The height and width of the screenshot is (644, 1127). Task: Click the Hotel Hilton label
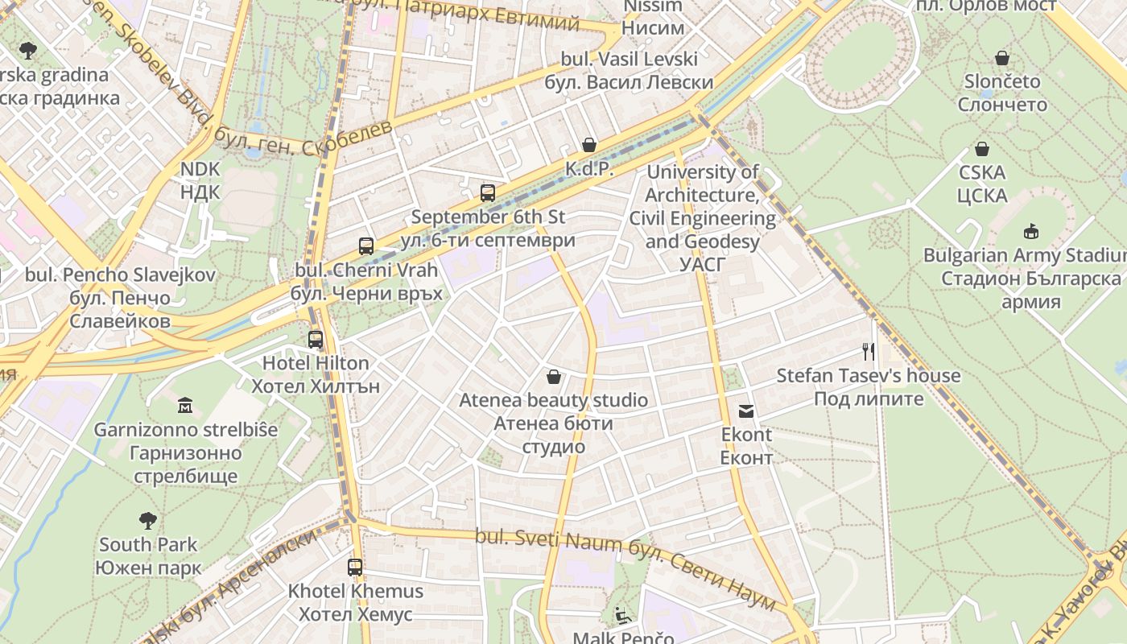pos(316,374)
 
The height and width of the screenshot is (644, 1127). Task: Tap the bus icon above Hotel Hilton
pos(316,340)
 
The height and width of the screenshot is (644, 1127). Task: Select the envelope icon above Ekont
pos(746,411)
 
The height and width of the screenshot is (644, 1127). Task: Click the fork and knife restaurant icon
pos(868,351)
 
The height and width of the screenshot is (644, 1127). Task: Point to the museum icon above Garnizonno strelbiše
pos(185,404)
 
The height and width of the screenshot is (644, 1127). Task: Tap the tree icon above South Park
pos(148,520)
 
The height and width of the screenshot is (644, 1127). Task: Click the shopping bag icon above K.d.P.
pos(589,145)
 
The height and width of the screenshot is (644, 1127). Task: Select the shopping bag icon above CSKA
pos(982,149)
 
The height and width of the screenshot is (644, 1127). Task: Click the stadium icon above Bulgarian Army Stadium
pos(1030,232)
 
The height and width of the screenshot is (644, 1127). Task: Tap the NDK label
pos(200,180)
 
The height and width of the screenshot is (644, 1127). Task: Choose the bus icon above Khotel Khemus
pos(355,567)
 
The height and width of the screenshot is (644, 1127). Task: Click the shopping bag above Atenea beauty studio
pos(554,376)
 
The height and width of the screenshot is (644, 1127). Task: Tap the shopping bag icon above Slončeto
pos(1002,58)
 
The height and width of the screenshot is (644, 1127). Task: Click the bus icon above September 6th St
pos(488,192)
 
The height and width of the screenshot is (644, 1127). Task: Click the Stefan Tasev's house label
pos(868,386)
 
